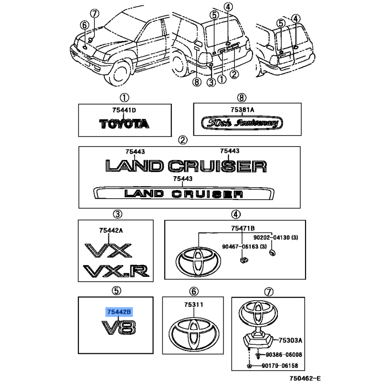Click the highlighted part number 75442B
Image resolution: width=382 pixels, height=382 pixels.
(x=119, y=312)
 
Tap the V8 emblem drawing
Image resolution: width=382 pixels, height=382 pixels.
(x=118, y=328)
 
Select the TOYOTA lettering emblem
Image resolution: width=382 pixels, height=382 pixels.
(x=124, y=124)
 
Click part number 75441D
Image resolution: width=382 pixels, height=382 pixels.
(x=124, y=110)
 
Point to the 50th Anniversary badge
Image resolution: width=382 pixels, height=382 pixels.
(x=242, y=123)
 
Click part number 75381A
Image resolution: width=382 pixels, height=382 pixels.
(x=243, y=110)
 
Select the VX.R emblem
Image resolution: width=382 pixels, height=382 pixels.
(x=116, y=271)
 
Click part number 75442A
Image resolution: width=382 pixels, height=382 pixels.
(x=111, y=230)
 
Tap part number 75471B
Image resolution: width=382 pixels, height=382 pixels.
(x=243, y=228)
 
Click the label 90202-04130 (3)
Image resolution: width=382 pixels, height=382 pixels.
(x=276, y=237)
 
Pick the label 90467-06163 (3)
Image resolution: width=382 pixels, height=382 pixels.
(x=244, y=246)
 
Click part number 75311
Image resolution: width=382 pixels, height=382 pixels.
(x=194, y=305)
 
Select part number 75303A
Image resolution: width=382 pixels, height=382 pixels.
(x=290, y=340)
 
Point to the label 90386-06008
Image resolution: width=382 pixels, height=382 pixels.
(x=284, y=355)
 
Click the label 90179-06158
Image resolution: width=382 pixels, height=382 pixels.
(x=280, y=366)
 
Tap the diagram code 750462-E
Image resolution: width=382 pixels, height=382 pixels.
(x=305, y=378)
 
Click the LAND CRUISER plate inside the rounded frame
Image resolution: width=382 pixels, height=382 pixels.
(x=184, y=194)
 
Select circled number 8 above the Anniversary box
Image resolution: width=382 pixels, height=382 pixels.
(x=242, y=98)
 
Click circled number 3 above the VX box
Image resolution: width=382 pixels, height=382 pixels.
(x=117, y=214)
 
